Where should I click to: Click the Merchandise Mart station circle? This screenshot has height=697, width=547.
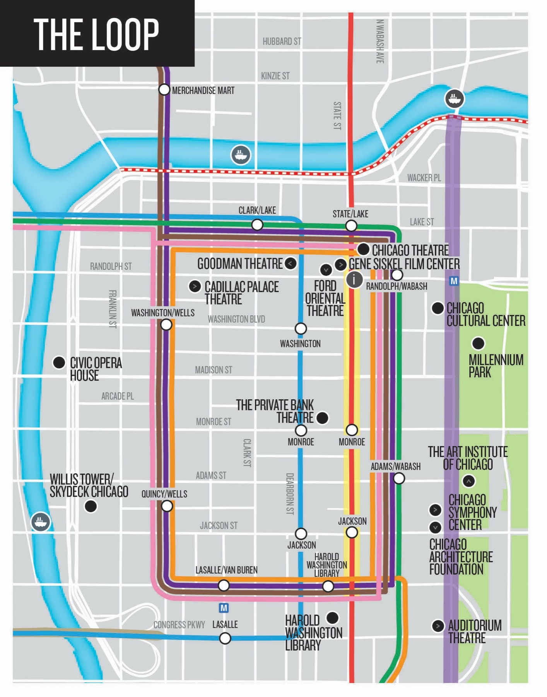[164, 90]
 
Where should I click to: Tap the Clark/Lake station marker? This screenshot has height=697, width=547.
[257, 225]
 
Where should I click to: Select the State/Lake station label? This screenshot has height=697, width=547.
[350, 214]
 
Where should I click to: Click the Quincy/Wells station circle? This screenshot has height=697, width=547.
[167, 506]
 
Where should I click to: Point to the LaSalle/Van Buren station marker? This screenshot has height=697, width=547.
[224, 585]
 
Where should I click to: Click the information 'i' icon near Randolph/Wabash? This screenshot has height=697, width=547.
[354, 279]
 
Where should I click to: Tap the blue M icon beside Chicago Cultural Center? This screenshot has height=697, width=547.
[454, 281]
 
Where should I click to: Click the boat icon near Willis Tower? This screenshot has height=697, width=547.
[41, 522]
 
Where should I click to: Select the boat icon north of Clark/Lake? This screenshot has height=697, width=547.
[241, 155]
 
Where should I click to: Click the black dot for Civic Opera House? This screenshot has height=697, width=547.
[59, 363]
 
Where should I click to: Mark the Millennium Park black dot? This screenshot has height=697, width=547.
[478, 343]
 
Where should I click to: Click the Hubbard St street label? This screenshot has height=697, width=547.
[282, 41]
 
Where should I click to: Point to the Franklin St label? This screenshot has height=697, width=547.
[112, 309]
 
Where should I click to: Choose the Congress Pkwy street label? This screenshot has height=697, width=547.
[179, 625]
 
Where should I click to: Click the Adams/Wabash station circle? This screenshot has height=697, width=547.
[399, 479]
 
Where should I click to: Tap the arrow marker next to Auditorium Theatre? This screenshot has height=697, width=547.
[438, 626]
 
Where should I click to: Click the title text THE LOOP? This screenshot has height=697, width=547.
[96, 34]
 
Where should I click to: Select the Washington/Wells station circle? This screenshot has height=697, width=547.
[166, 325]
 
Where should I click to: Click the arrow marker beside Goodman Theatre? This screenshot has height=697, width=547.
[291, 264]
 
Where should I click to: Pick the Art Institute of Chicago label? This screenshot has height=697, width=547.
[468, 458]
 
